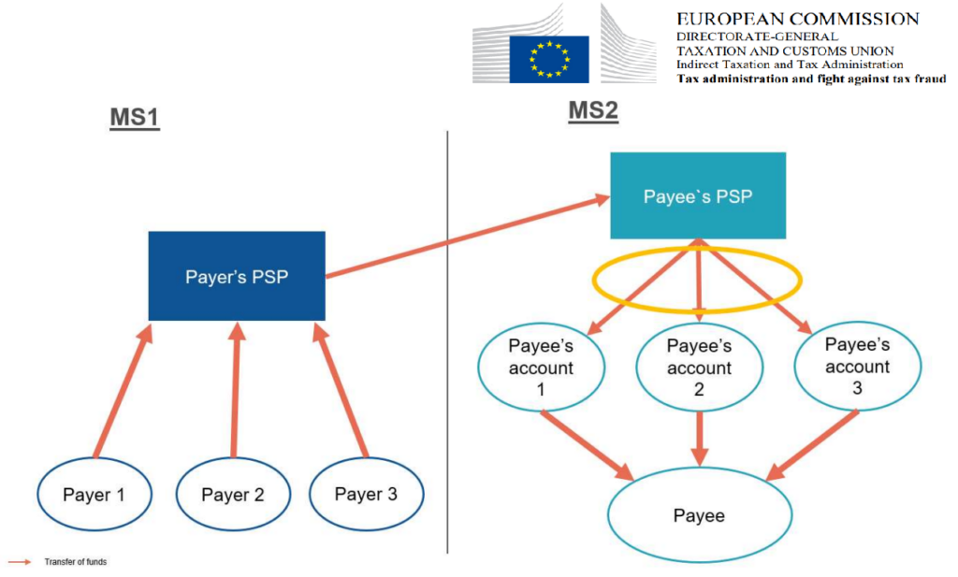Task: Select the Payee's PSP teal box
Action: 698,196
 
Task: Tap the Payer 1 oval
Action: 94,494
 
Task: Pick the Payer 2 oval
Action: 233,494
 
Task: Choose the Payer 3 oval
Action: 366,494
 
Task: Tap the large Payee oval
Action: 699,515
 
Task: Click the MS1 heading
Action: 133,120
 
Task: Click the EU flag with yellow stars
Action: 547,59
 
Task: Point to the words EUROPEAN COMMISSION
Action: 797,19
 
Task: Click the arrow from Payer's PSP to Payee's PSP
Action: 465,237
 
